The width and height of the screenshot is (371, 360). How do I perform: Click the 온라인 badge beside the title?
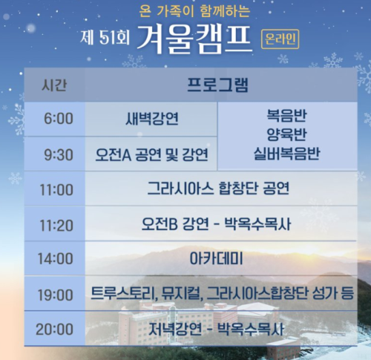click(280, 39)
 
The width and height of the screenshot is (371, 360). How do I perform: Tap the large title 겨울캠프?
click(194, 39)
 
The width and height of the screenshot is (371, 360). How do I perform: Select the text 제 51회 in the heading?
click(105, 38)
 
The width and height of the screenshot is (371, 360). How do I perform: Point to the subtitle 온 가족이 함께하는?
click(194, 12)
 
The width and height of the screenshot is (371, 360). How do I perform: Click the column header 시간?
click(54, 85)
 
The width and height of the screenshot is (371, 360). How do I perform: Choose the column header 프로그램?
click(217, 85)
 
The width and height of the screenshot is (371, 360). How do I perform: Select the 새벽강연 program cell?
click(152, 119)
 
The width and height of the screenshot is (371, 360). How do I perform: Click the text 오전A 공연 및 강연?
click(151, 154)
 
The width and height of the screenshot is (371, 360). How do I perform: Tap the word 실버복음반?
click(287, 154)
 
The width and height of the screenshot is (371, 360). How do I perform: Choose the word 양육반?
click(287, 134)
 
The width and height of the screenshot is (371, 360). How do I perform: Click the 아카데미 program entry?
click(216, 258)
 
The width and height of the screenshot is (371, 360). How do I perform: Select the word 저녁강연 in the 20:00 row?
click(175, 329)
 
